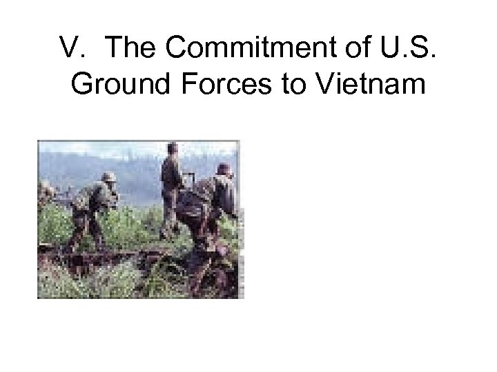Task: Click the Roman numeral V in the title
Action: coord(69,49)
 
